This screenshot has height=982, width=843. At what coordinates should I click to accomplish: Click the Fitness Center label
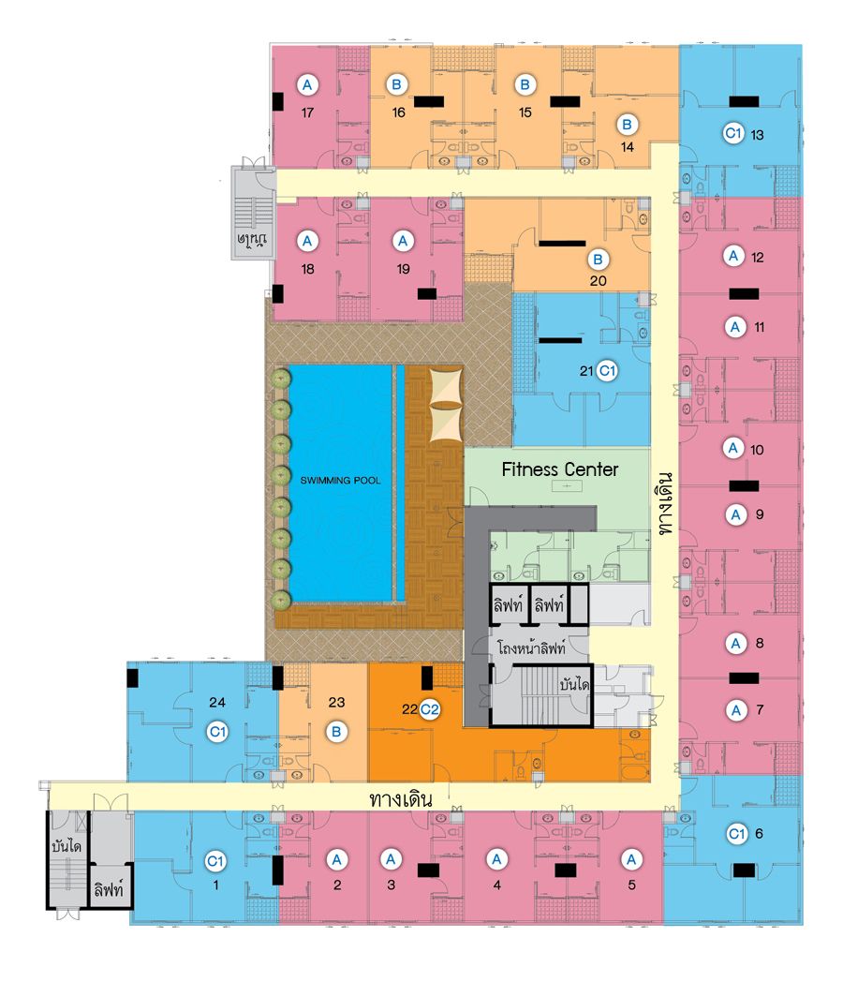(559, 469)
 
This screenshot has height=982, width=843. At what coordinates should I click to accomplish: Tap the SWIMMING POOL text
(340, 481)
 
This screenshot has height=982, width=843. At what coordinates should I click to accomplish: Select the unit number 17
(307, 112)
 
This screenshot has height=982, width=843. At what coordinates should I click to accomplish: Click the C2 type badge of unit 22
(429, 709)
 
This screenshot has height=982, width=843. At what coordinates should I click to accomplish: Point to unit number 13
(757, 135)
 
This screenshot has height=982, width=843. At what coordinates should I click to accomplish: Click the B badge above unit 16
(396, 84)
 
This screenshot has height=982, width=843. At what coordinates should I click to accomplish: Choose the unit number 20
(598, 280)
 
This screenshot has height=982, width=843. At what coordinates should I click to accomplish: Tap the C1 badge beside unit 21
(607, 371)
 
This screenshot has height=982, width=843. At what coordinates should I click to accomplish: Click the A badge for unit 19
(403, 241)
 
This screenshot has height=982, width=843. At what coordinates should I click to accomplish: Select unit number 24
(217, 702)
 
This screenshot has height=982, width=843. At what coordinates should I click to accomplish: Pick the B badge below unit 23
(336, 732)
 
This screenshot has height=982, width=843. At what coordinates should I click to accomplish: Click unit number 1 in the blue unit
(216, 885)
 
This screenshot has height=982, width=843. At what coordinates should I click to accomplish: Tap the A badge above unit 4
(497, 859)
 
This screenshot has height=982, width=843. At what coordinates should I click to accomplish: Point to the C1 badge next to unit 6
(736, 834)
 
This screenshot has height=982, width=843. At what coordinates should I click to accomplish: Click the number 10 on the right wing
(757, 450)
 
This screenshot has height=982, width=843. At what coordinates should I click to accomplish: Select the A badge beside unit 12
(733, 256)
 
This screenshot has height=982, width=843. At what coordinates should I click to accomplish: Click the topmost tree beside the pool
(281, 379)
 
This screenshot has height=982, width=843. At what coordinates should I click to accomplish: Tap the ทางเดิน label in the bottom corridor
(401, 800)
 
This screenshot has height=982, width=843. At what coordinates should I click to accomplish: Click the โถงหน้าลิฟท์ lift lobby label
(531, 647)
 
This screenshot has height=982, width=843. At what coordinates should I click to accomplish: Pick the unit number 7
(760, 709)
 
